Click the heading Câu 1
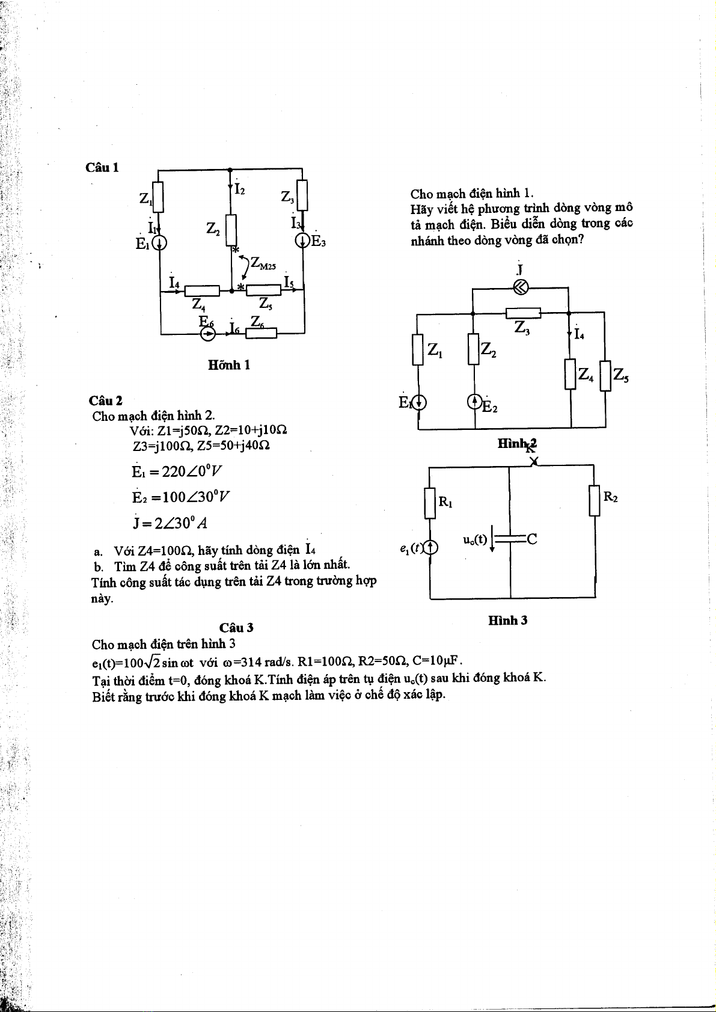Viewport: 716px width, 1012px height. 102,168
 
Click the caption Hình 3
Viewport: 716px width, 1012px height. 507,621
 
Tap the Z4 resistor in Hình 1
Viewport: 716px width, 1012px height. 201,291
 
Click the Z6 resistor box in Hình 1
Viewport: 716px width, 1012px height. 261,333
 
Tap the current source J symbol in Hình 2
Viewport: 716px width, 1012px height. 521,287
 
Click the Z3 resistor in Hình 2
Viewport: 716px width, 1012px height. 523,313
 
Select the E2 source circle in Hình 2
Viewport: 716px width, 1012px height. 475,400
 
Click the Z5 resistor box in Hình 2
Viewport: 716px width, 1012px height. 605,375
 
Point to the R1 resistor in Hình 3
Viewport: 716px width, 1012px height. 430,503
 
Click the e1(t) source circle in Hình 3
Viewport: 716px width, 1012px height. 430,547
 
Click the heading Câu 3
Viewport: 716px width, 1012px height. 236,628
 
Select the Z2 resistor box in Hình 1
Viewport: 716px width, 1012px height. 231,230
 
